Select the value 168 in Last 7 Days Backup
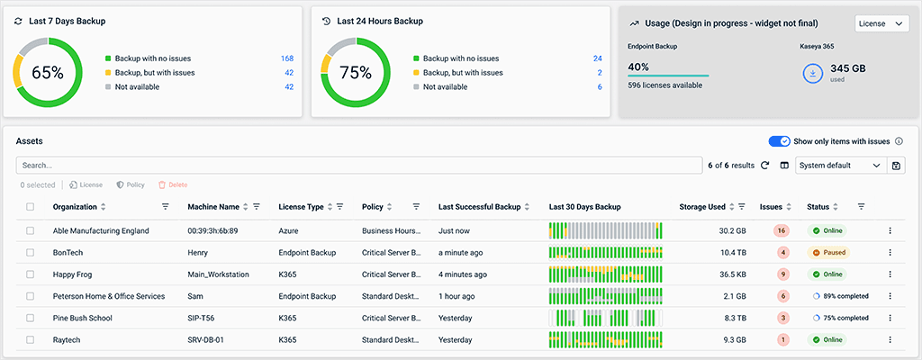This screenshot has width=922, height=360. click(x=287, y=58)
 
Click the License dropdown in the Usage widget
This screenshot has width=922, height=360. click(x=881, y=24)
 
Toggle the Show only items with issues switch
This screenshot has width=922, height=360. click(x=779, y=141)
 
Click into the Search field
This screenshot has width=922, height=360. click(x=358, y=166)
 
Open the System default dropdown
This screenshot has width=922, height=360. click(x=840, y=166)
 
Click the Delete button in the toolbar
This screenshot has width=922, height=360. click(x=173, y=184)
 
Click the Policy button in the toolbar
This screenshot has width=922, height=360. click(x=131, y=184)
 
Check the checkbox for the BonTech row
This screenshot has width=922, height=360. click(x=30, y=253)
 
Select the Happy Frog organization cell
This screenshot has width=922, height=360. click(x=77, y=274)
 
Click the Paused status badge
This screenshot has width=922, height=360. click(x=828, y=253)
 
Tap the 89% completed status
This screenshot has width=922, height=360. click(x=841, y=296)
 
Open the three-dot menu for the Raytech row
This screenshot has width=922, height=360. click(x=890, y=339)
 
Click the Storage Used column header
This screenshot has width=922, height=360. click(x=702, y=207)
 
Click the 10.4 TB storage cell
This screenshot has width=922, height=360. click(x=721, y=253)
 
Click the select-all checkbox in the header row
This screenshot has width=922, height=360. click(x=30, y=207)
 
